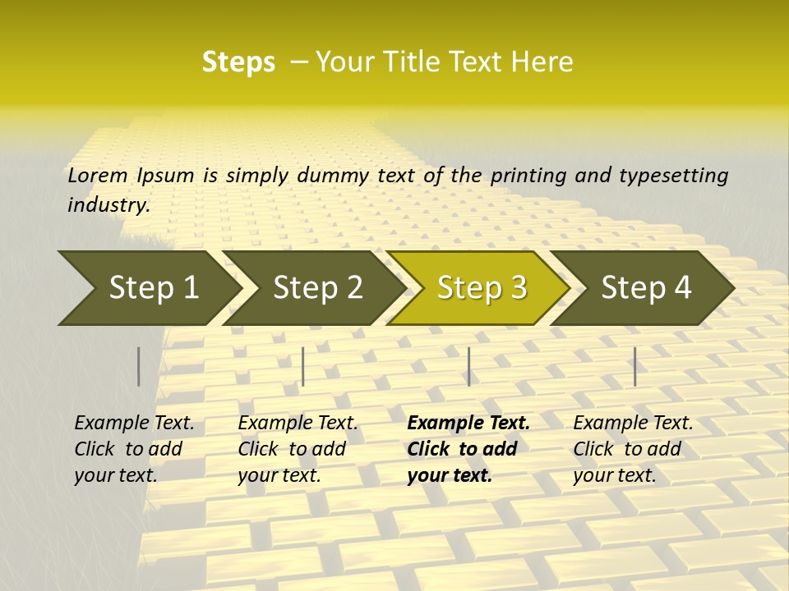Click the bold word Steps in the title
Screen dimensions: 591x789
coord(238,62)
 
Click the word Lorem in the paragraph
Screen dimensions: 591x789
coord(98,175)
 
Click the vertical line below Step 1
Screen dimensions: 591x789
coord(139,366)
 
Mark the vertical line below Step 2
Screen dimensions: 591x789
coord(303,366)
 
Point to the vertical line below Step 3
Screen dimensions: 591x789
coord(468,366)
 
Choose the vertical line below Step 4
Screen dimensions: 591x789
coord(635,366)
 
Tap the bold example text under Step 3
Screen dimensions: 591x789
coord(468,449)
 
